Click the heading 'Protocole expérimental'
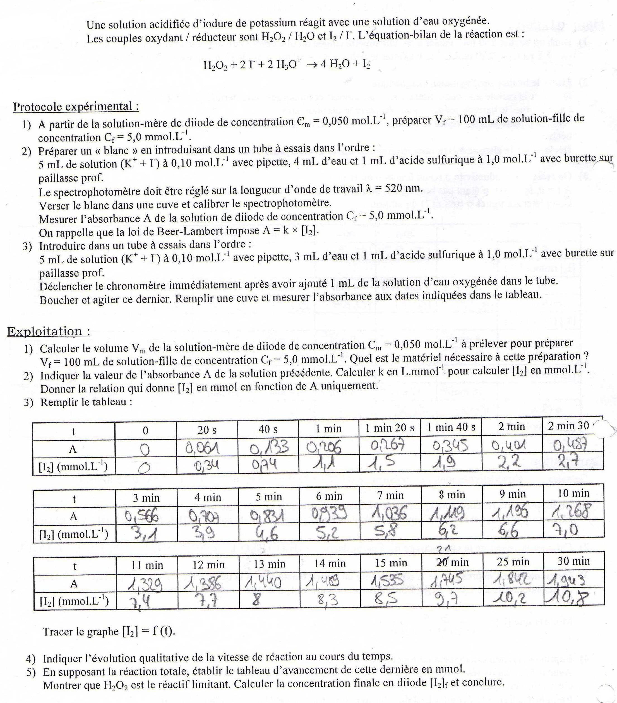[x=76, y=107]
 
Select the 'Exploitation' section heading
[x=49, y=331]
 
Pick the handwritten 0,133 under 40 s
[x=269, y=448]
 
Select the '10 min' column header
[x=573, y=493]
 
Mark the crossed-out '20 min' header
[x=452, y=562]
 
